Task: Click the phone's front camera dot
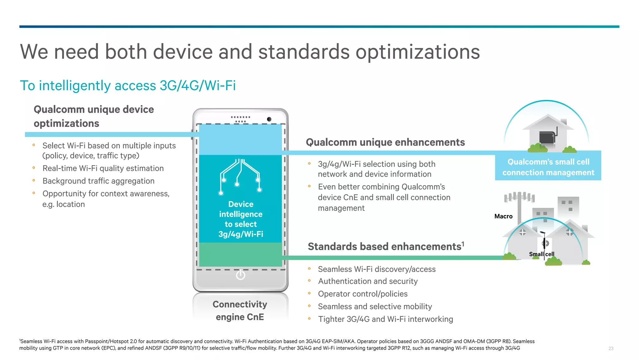pos(269,119)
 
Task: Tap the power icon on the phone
pos(241,275)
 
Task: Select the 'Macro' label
pos(503,216)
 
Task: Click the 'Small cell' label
pos(542,254)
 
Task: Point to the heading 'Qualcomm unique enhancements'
pos(385,142)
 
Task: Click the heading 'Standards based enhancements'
pos(386,247)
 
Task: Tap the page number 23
pos(611,348)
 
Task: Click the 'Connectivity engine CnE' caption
pos(240,311)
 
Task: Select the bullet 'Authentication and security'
pos(368,281)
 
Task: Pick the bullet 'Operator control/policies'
pos(363,294)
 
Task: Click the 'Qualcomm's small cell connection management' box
pos(548,167)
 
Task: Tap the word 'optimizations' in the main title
pos(417,52)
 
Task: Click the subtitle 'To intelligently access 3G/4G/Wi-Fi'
pos(128,86)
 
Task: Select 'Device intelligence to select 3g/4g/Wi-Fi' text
pos(241,219)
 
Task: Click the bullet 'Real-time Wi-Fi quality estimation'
pos(103,169)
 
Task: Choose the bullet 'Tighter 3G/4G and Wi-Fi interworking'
pos(385,319)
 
